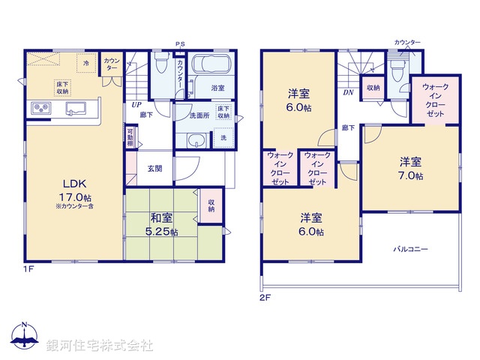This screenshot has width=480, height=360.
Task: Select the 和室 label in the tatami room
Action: pyautogui.click(x=162, y=218)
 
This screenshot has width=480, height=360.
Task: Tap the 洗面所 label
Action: pyautogui.click(x=198, y=115)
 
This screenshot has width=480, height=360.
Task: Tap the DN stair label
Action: pyautogui.click(x=348, y=93)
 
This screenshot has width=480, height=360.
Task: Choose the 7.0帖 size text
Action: pyautogui.click(x=410, y=175)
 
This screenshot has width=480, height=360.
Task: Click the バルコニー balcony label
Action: pyautogui.click(x=410, y=249)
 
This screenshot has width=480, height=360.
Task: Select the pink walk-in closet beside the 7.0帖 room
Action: pyautogui.click(x=436, y=100)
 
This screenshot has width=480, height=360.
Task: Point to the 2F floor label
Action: pyautogui.click(x=265, y=297)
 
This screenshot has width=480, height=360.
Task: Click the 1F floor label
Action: pyautogui.click(x=28, y=266)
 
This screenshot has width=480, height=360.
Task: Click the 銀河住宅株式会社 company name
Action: pyautogui.click(x=100, y=346)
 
